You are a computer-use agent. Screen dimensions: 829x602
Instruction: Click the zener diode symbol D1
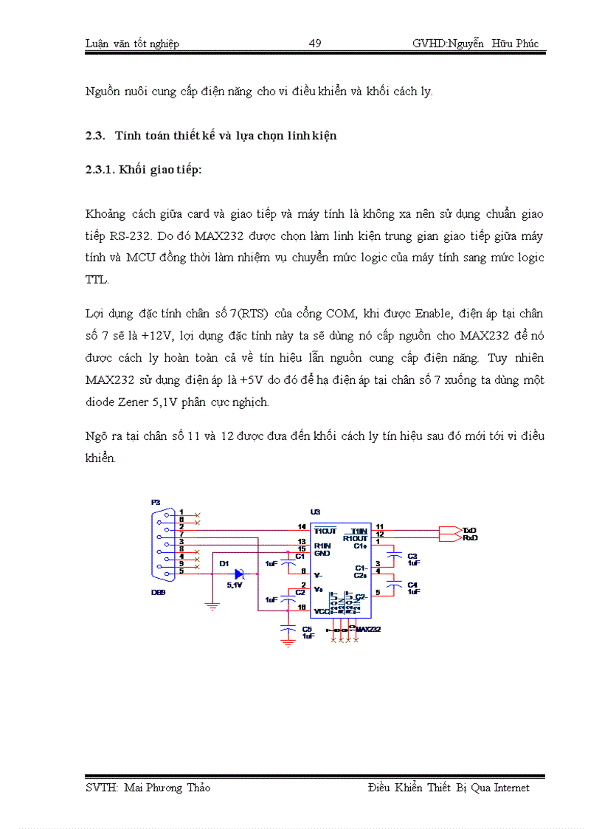239,574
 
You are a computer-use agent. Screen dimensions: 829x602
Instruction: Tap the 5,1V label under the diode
235,585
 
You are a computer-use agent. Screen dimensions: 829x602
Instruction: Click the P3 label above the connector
156,503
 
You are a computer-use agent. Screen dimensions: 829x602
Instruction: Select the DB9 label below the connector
158,592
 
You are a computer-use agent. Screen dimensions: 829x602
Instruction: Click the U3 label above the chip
315,512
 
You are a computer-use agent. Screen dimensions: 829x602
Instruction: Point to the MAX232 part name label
369,629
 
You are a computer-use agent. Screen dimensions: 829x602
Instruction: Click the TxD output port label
470,530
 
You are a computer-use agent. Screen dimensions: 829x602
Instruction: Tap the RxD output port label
470,538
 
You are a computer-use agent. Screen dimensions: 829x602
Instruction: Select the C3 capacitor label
412,555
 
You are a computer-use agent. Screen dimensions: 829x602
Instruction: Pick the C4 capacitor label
412,584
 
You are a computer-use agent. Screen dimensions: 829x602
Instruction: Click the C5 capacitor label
307,628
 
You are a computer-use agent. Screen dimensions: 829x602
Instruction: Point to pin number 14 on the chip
302,526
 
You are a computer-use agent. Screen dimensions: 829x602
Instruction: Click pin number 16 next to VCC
302,607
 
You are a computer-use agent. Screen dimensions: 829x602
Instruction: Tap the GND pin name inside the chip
322,553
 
